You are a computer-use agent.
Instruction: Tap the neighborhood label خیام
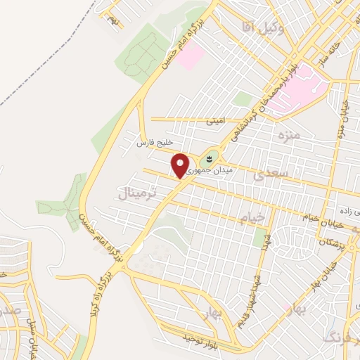click(254, 218)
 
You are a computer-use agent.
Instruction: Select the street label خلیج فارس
click(154, 143)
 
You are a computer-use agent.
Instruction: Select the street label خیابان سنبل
click(32, 329)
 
